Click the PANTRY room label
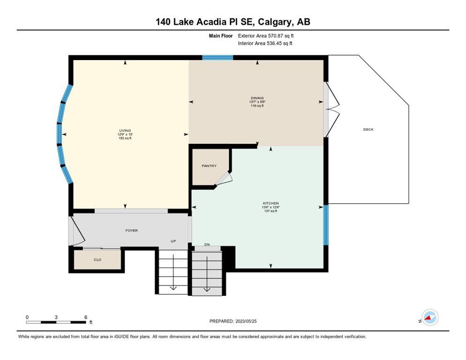pyautogui.click(x=209, y=166)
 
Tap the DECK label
pyautogui.click(x=368, y=129)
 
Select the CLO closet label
pyautogui.click(x=98, y=260)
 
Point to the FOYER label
pyautogui.click(x=131, y=230)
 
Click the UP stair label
pyautogui.click(x=173, y=241)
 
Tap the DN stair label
pyautogui.click(x=207, y=244)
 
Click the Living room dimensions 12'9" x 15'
pyautogui.click(x=125, y=135)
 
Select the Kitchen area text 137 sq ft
pyautogui.click(x=271, y=211)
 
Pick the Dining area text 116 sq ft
pyautogui.click(x=257, y=105)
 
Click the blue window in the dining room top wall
pyautogui.click(x=218, y=57)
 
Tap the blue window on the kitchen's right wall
pyautogui.click(x=326, y=225)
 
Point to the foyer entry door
pyautogui.click(x=77, y=231)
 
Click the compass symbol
pyautogui.click(x=430, y=317)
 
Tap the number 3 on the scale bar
pyautogui.click(x=56, y=317)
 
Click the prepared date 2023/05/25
pyautogui.click(x=246, y=321)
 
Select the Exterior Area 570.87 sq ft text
pyautogui.click(x=266, y=36)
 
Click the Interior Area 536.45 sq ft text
pyautogui.click(x=265, y=44)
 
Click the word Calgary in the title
pyautogui.click(x=275, y=22)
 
